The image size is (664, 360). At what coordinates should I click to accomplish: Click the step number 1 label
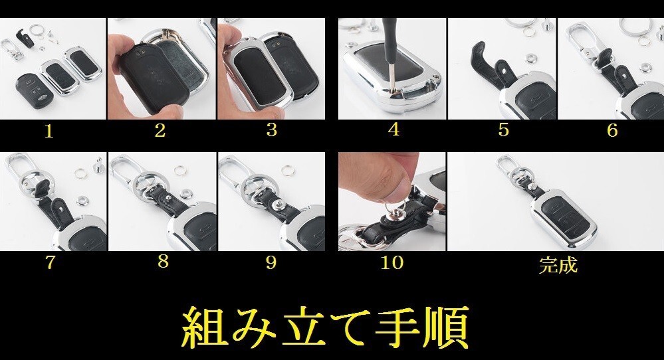tap(48, 131)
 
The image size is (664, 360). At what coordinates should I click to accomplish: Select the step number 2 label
tap(160, 130)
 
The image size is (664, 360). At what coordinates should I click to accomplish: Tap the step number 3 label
tap(271, 130)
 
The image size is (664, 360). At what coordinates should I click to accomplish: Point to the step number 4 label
tap(393, 130)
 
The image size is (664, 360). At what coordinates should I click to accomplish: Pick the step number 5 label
tap(503, 130)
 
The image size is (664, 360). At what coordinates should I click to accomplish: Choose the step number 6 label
tap(612, 130)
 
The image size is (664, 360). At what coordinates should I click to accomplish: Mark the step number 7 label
tap(50, 262)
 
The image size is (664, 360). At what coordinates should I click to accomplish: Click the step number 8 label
tap(163, 262)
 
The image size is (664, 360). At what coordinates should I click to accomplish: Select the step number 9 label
tap(271, 262)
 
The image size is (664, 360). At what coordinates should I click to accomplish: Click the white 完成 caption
tap(558, 266)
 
